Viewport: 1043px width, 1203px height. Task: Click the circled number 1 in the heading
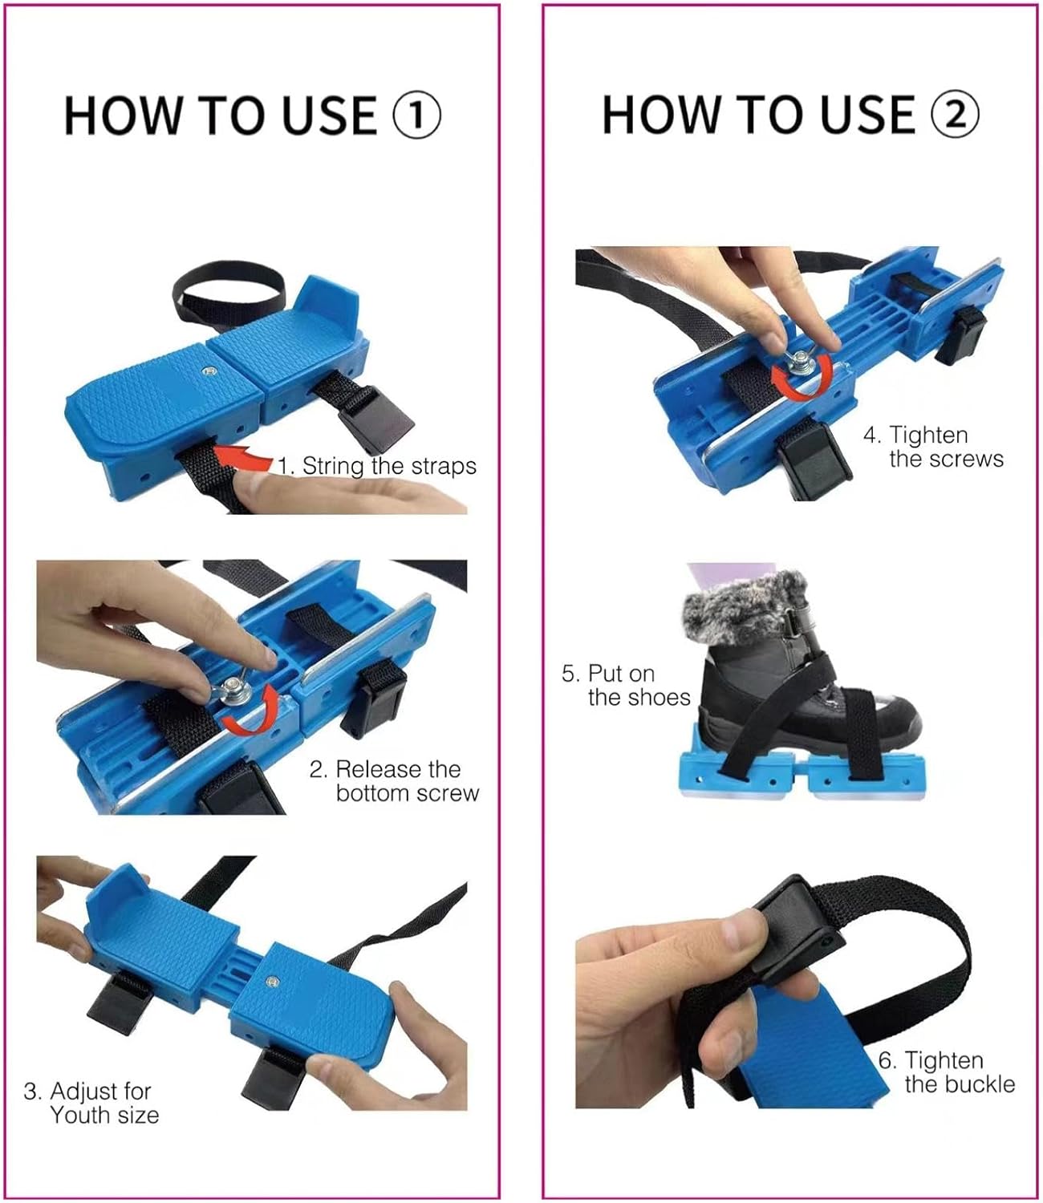[x=416, y=115]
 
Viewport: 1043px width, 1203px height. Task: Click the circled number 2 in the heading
[x=955, y=114]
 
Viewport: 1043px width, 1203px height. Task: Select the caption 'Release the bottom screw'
[x=394, y=781]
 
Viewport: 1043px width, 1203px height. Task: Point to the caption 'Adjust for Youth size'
[x=91, y=1103]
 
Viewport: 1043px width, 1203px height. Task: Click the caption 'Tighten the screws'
[x=934, y=447]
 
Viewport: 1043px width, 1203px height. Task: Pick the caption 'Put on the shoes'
[x=626, y=685]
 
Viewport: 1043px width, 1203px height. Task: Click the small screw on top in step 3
[x=270, y=982]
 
